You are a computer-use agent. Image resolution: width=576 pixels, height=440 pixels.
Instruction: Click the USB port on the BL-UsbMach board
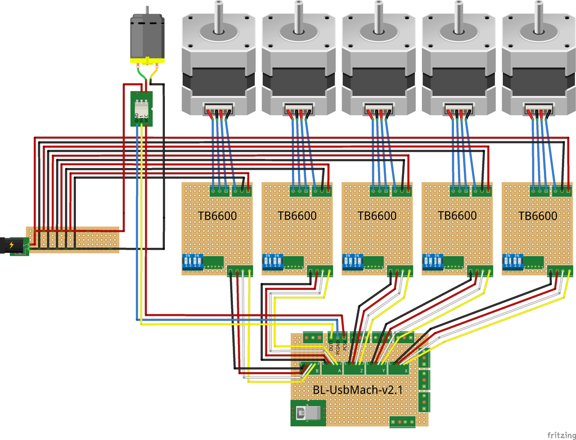(x=307, y=414)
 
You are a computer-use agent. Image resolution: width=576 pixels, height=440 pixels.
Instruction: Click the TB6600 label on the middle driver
(x=377, y=216)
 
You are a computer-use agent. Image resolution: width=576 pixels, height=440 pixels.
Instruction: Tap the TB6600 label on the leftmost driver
(x=217, y=216)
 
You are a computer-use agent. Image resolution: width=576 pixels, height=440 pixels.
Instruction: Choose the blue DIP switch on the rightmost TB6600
(x=512, y=262)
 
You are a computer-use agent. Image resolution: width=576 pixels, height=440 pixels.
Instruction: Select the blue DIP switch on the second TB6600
(x=272, y=262)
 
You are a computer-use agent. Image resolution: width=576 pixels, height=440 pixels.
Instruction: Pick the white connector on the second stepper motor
(x=299, y=108)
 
